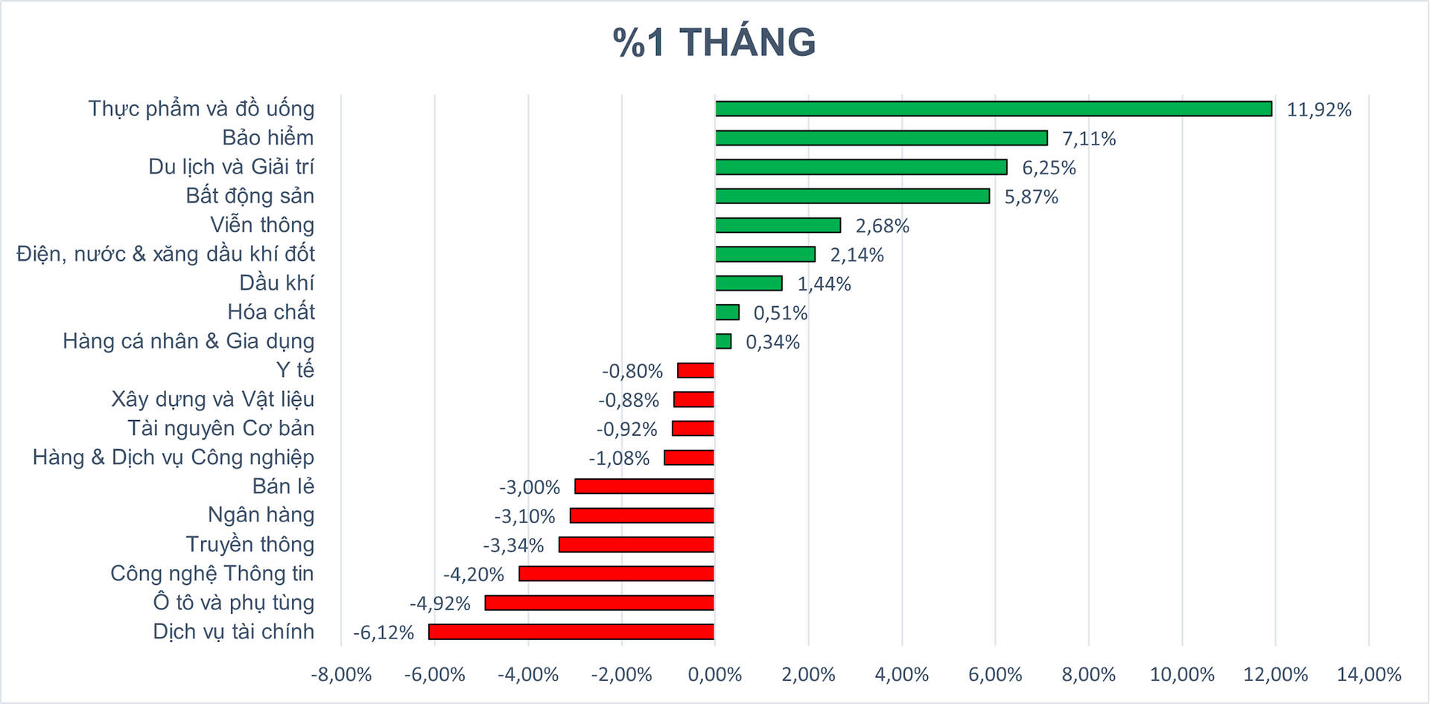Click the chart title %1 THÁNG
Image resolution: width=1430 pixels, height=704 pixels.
point(714,42)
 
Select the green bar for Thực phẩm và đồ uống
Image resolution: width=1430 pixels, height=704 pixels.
point(994,109)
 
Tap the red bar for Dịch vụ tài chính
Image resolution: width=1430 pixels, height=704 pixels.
point(571,632)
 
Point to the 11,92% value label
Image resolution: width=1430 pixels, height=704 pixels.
point(1319,110)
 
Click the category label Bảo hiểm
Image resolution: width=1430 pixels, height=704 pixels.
point(268,138)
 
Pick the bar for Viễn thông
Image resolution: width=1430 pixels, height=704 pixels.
point(778,225)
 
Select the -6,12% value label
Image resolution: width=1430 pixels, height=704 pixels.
point(384,632)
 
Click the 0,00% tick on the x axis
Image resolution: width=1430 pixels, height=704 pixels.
point(714,675)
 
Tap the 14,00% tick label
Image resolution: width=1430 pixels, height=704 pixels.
point(1369,675)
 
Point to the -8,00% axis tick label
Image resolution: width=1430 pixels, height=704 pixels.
point(341,675)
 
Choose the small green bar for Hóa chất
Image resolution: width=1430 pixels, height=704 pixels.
point(727,312)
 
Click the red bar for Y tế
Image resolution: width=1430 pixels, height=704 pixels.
point(696,370)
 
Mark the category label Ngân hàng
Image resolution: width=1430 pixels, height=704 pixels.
point(261,515)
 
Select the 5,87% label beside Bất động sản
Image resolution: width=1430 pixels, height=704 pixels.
point(1032,197)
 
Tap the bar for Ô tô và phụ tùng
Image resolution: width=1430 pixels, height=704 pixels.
point(600,603)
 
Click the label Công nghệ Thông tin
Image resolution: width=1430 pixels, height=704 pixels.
point(212,574)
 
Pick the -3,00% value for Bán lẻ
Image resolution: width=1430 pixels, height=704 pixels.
point(530,487)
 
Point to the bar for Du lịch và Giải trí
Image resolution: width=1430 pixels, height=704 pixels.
point(861,167)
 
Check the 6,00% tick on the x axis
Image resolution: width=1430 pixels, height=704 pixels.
point(995,675)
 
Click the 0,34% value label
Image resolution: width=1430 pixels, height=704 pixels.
point(773,342)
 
